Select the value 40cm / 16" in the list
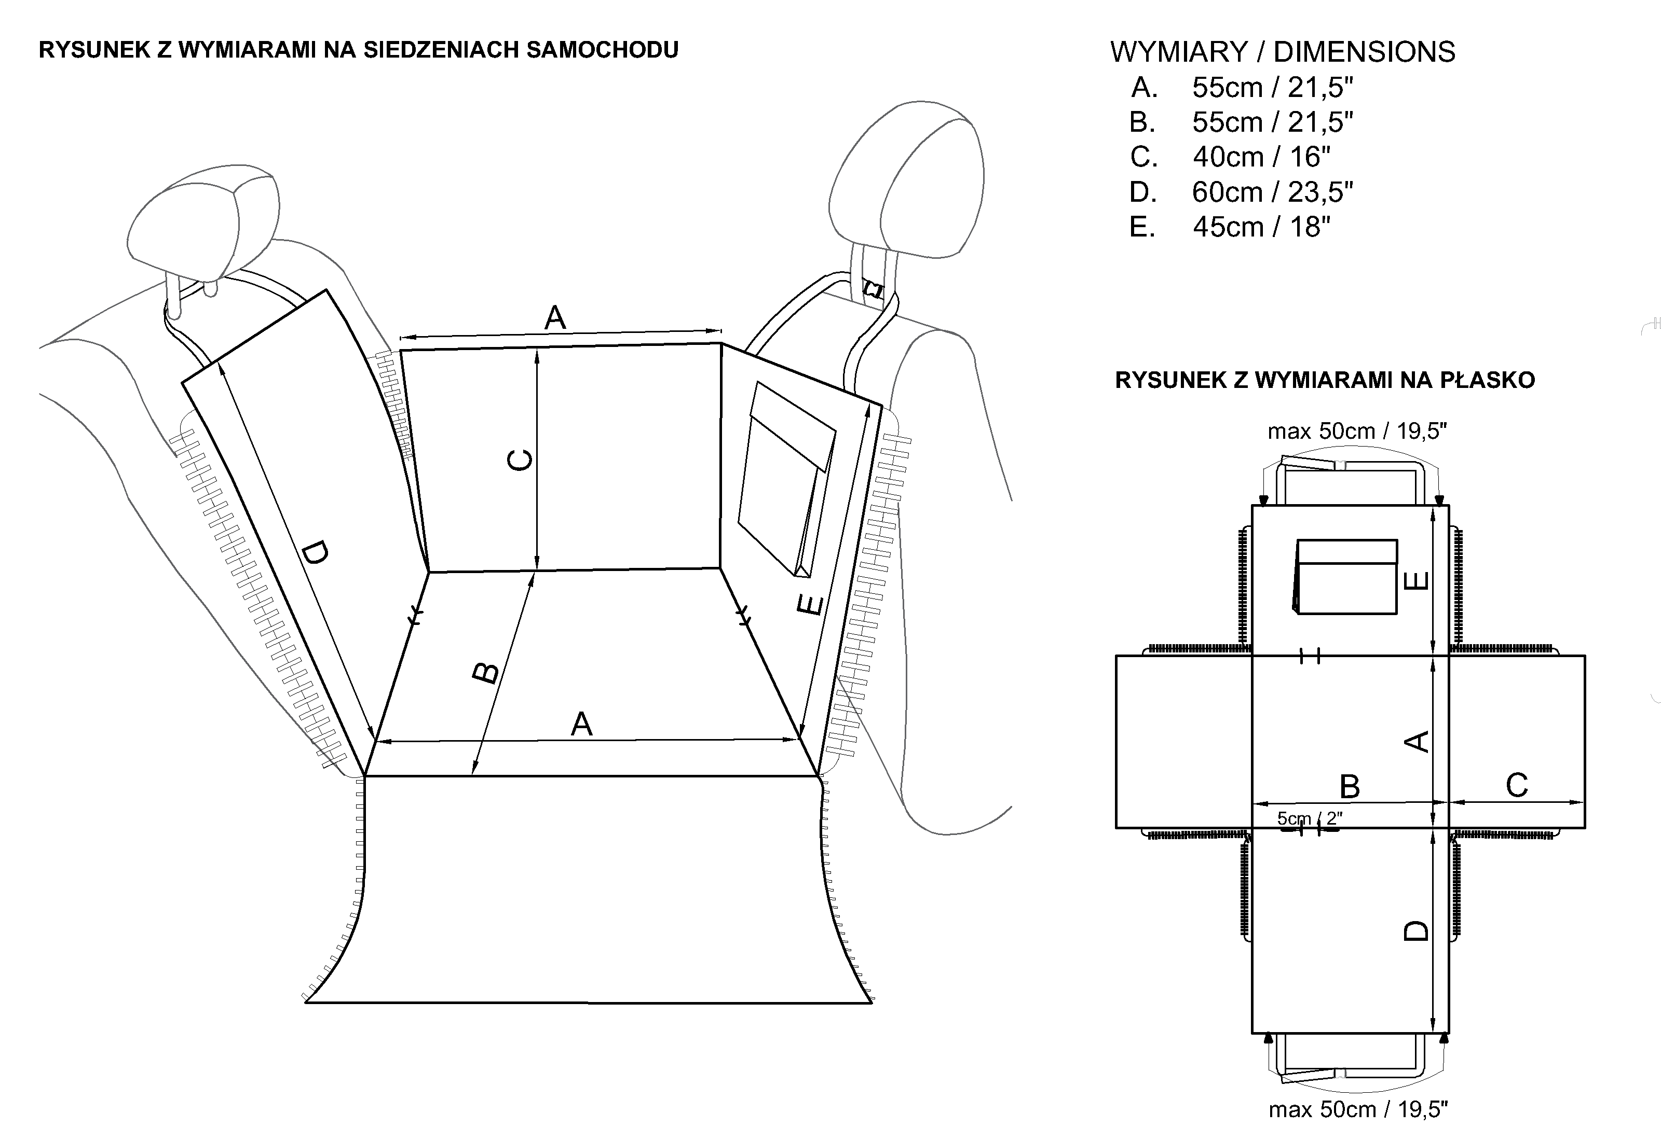[x=1261, y=157]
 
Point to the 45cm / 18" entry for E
[x=1261, y=227]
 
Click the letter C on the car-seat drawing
[x=520, y=460]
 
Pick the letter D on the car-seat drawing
[x=315, y=553]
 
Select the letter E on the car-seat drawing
[x=810, y=606]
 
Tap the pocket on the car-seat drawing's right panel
[x=787, y=479]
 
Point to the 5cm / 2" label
[x=1309, y=818]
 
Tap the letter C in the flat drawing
[x=1517, y=786]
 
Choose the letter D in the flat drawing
[x=1417, y=929]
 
